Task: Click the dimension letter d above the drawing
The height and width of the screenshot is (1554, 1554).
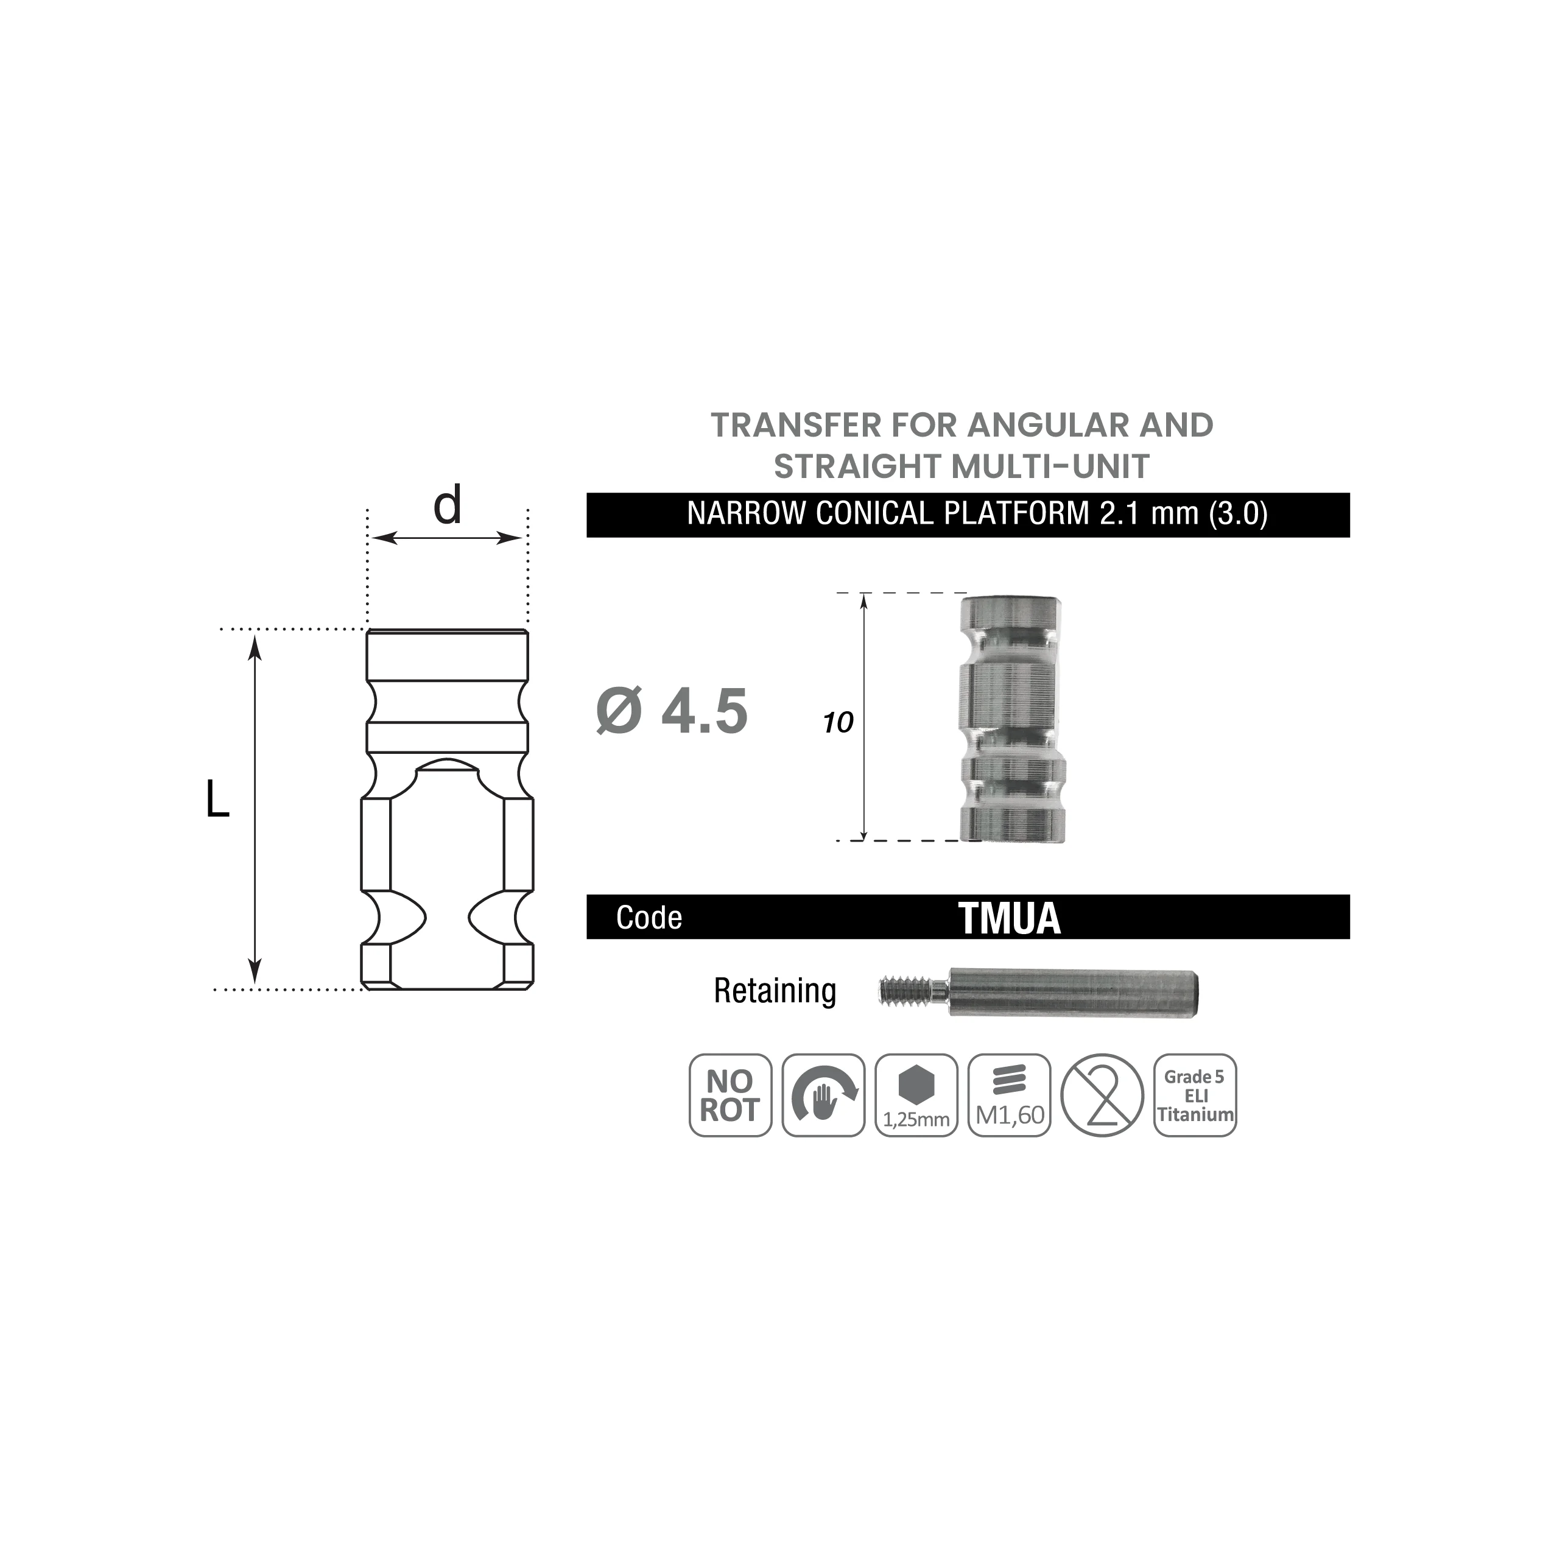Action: click(x=447, y=505)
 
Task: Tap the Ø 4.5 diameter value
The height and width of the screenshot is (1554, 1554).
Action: click(x=672, y=711)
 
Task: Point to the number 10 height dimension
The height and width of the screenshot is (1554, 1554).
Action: click(x=837, y=723)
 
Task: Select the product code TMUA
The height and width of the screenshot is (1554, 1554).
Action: click(x=1010, y=918)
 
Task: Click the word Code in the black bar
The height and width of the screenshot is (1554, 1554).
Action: click(x=649, y=918)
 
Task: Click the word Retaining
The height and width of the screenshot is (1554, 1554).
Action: click(x=775, y=991)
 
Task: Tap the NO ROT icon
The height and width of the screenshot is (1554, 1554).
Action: click(x=730, y=1095)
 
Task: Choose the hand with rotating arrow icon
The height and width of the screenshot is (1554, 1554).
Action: click(x=824, y=1095)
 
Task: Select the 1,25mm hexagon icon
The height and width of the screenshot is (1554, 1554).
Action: click(x=916, y=1095)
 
